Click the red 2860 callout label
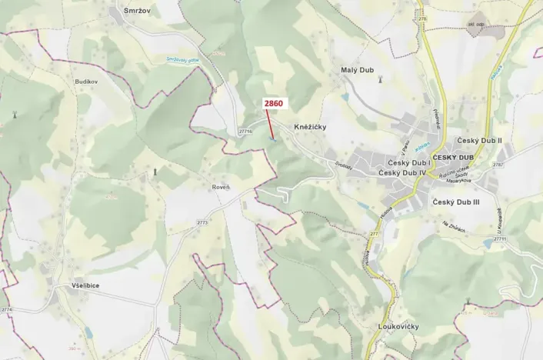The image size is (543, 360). (x=273, y=103)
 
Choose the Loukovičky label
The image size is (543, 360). (x=398, y=326)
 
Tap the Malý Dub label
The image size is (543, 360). (x=357, y=70)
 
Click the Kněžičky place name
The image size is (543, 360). (x=311, y=126)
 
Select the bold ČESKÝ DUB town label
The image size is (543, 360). (x=453, y=158)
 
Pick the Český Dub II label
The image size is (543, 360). (x=479, y=141)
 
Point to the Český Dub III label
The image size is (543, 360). (x=456, y=202)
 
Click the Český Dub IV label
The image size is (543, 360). (x=407, y=174)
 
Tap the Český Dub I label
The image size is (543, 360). (x=408, y=163)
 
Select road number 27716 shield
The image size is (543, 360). (x=245, y=132)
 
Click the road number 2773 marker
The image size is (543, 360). (x=202, y=222)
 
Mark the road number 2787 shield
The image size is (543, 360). (x=498, y=165)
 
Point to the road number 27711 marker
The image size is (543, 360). (x=500, y=239)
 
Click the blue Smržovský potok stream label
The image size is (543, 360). (x=178, y=60)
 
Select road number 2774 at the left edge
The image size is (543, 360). (x=7, y=309)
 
